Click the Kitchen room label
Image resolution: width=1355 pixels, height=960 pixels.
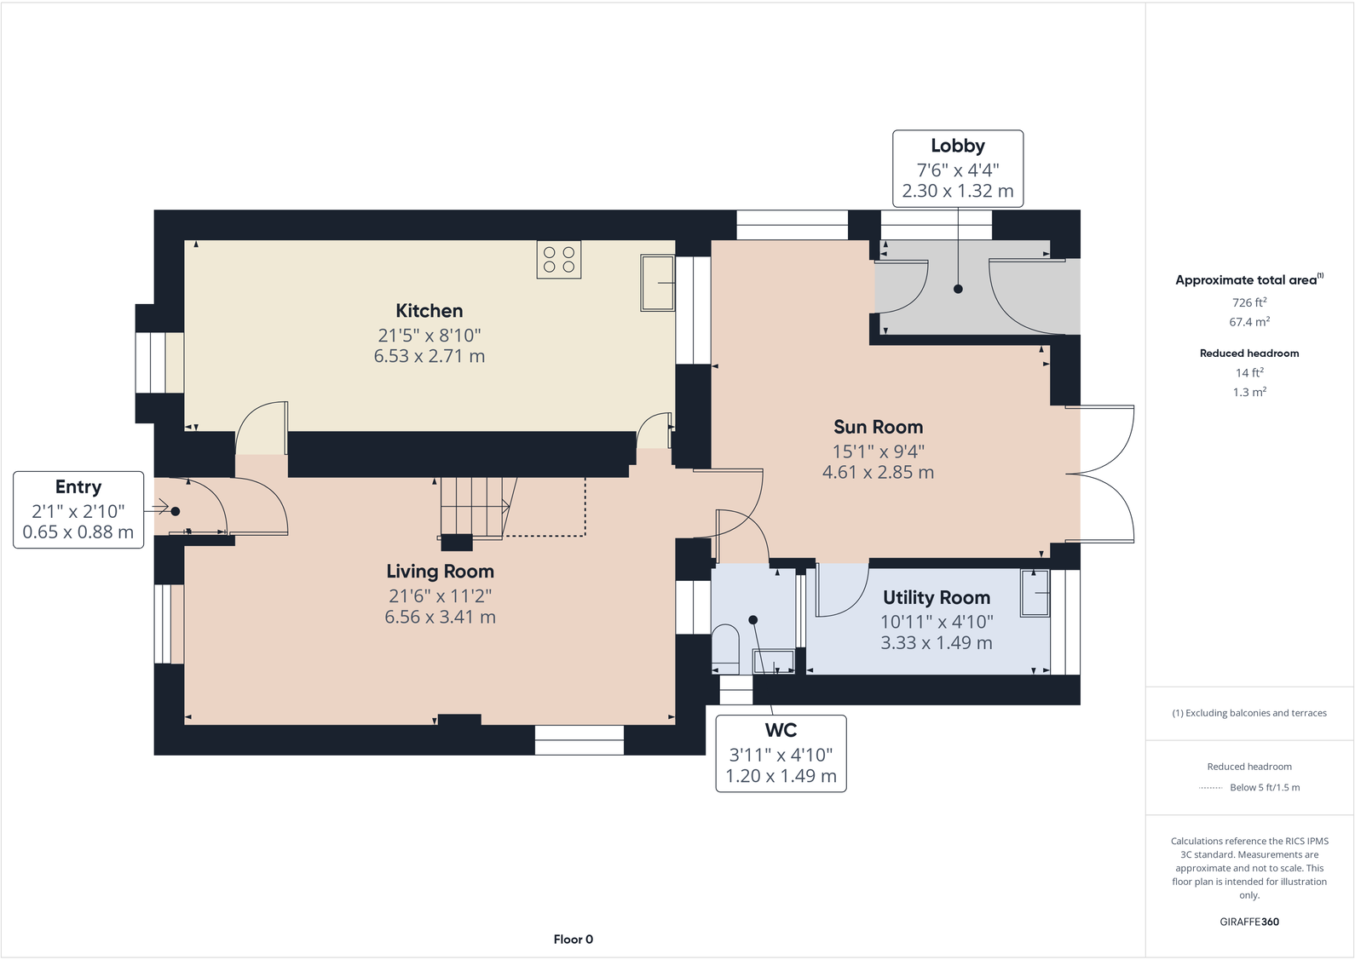[429, 311]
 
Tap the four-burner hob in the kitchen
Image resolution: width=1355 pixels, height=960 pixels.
[558, 260]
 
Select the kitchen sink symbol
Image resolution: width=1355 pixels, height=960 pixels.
[657, 282]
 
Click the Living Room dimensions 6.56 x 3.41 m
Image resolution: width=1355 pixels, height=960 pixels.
[440, 617]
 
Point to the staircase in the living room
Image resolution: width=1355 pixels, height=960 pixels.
[474, 508]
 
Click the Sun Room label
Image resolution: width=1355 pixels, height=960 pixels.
[878, 427]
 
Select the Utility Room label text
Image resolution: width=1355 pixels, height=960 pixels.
[936, 597]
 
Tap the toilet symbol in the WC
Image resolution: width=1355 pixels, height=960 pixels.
[725, 645]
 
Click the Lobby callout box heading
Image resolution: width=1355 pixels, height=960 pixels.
[957, 146]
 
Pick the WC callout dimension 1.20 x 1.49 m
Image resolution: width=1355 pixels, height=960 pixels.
[781, 776]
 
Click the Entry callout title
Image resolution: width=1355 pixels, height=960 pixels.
[78, 486]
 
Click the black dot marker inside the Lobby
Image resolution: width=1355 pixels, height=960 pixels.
[958, 289]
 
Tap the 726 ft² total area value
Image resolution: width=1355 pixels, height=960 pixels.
[1248, 302]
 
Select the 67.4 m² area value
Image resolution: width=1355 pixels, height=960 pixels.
[1248, 322]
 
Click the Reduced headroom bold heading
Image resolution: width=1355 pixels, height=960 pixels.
[1248, 353]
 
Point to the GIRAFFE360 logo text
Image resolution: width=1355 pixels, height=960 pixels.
[1248, 922]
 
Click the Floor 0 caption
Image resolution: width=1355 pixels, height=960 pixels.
[573, 939]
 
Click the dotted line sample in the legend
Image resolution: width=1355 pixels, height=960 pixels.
[1210, 788]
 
